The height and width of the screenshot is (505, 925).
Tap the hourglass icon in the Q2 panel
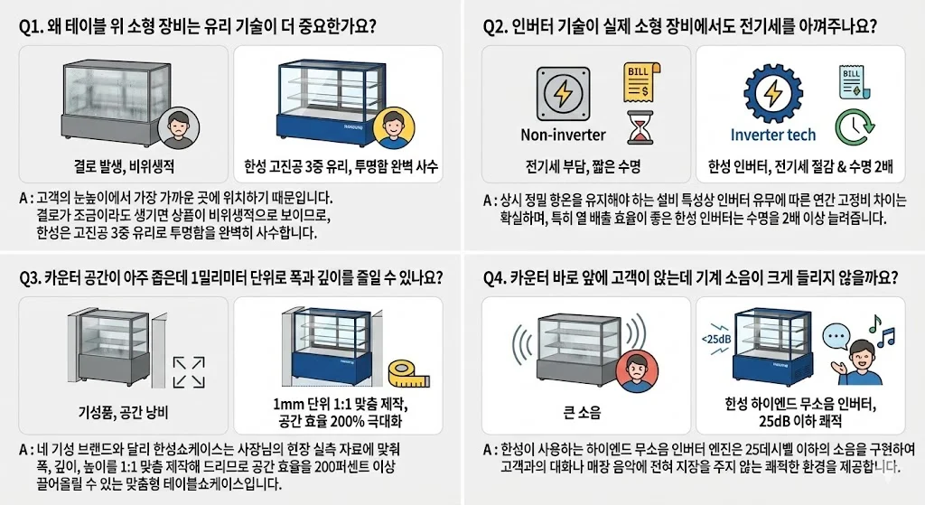click(639, 127)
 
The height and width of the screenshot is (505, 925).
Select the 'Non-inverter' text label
click(563, 135)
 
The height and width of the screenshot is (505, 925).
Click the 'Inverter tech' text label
click(772, 135)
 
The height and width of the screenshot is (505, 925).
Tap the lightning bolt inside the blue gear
click(773, 94)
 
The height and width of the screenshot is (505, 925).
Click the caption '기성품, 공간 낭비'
click(127, 413)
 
